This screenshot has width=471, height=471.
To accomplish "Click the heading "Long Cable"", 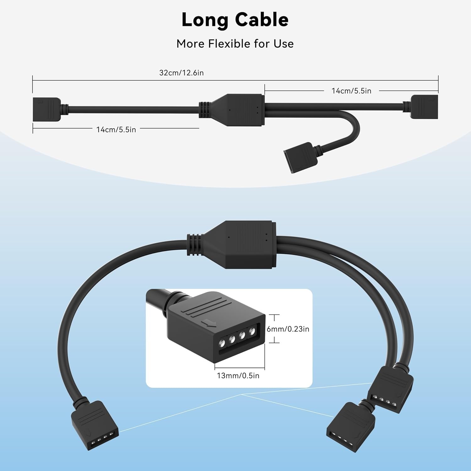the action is click(235, 20).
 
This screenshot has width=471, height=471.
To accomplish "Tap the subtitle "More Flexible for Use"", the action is click(235, 44).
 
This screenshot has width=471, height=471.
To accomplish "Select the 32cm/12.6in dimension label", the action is click(181, 73).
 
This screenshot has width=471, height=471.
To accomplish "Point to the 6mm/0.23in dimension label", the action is click(288, 329).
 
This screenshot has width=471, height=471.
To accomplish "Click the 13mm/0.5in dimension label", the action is click(238, 376).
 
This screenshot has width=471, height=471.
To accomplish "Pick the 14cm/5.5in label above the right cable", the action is click(351, 91).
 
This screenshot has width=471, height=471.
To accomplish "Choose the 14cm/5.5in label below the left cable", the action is click(116, 130).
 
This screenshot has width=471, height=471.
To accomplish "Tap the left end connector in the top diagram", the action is click(46, 109).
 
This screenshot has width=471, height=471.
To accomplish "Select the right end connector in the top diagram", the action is click(424, 106).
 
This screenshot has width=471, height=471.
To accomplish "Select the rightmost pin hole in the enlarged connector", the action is click(252, 331).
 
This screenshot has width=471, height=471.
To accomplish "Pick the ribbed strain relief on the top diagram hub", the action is click(204, 110).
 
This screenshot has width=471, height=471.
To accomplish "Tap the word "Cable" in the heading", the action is click(262, 20).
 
